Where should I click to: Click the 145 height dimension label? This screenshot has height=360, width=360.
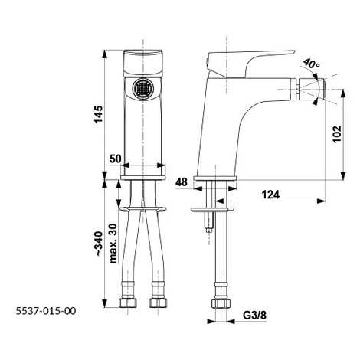pyautogui.click(x=99, y=114)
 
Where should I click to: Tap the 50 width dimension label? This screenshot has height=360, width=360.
pyautogui.click(x=116, y=159)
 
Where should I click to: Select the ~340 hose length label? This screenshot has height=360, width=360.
pyautogui.click(x=99, y=244)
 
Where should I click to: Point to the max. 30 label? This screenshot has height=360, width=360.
pyautogui.click(x=113, y=244)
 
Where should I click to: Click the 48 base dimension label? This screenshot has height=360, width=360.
pyautogui.click(x=182, y=182)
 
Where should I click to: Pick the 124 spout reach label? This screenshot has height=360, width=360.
pyautogui.click(x=270, y=195)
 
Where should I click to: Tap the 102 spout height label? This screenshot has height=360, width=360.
pyautogui.click(x=337, y=134)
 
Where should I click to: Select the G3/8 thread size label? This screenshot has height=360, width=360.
pyautogui.click(x=254, y=316)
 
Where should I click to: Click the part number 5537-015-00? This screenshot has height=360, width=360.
pyautogui.click(x=46, y=311)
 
